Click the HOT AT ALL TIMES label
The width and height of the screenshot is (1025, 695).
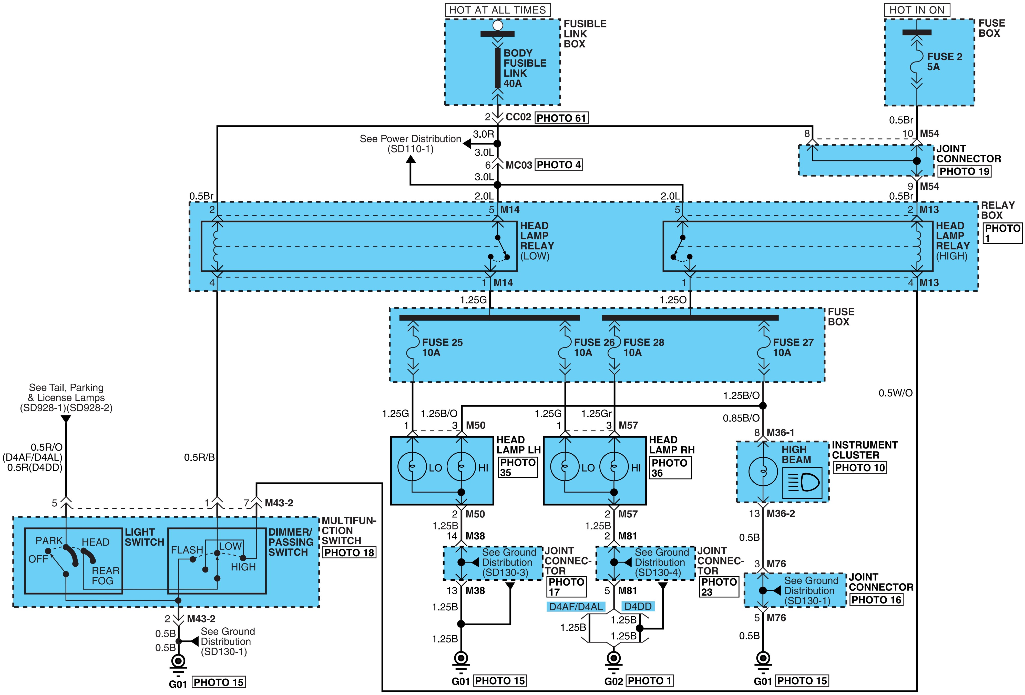coord(497,10)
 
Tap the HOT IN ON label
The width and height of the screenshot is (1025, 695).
coord(917,10)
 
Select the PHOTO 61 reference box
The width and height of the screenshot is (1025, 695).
coord(561,118)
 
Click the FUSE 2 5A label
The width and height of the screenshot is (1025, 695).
coord(944,62)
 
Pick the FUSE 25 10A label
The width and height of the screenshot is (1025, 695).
coord(442,347)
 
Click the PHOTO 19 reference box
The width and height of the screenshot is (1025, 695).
coord(965,171)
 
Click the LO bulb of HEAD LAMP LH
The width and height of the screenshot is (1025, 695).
coord(412,467)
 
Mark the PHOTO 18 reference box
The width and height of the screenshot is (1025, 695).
coord(349,553)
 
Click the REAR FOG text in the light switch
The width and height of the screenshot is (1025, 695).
coord(105,576)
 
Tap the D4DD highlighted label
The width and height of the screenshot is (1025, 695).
coord(638,606)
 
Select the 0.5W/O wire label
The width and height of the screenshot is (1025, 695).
coord(895,393)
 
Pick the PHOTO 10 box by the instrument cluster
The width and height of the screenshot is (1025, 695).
coord(860,467)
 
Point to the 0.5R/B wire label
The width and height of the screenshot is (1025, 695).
coord(199,457)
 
